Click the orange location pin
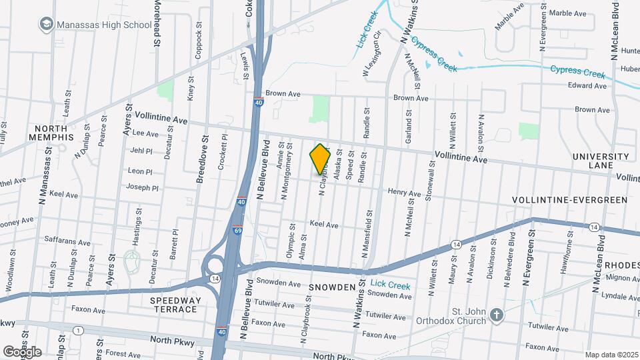pos(321,159)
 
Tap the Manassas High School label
pos(104,25)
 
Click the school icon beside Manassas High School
pos(46,25)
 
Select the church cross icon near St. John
pos(496,314)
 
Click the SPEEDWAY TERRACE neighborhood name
pos(176,305)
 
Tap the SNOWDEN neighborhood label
pos(331,286)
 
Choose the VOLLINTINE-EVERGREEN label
pos(569,200)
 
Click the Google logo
pos(22,351)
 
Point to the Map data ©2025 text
pos(611,355)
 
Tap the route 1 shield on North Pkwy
pos(79,331)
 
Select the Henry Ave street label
pos(405,193)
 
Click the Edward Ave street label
pos(587,86)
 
